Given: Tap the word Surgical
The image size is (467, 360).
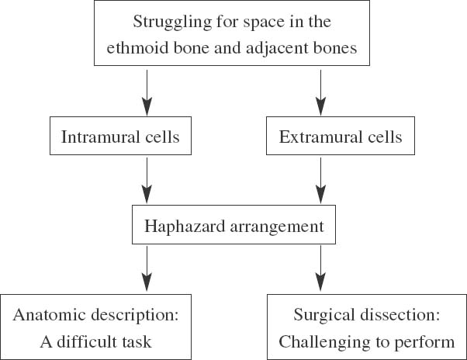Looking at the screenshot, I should click(321, 315).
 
